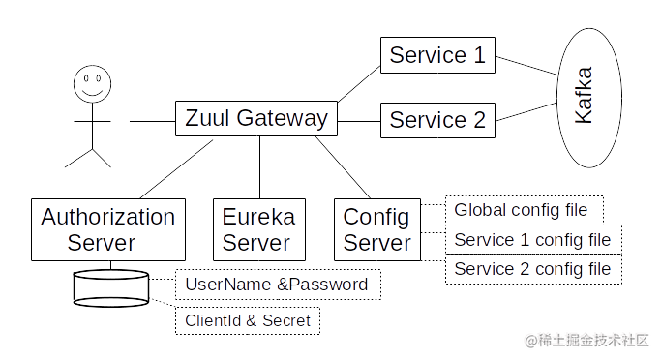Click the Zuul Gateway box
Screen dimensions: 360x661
(x=255, y=120)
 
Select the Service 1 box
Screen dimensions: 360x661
(x=437, y=56)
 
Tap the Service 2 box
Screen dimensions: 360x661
(x=437, y=121)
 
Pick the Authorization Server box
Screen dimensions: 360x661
(x=108, y=229)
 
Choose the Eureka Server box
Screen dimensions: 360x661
(x=257, y=229)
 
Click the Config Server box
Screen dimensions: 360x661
(x=376, y=229)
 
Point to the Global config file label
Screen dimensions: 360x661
(x=523, y=210)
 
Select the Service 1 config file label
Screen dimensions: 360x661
(x=532, y=239)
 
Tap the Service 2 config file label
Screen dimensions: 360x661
(x=532, y=268)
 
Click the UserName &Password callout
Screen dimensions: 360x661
(x=277, y=285)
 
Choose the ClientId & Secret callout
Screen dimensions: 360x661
(x=247, y=319)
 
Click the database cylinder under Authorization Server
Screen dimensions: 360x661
(x=111, y=288)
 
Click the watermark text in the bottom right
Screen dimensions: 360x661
(x=586, y=339)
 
